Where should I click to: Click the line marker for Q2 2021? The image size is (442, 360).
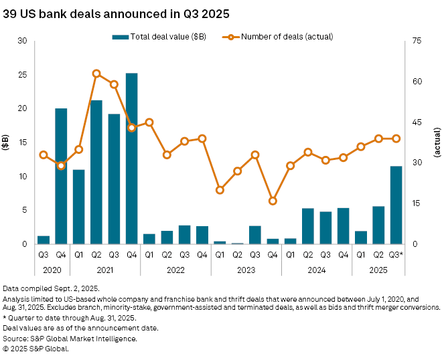tap(96, 74)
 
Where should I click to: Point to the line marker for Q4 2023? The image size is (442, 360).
tap(273, 201)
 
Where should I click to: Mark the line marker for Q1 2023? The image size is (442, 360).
tap(220, 190)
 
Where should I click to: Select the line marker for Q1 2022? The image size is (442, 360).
tap(149, 122)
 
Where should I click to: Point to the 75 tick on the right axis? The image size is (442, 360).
tap(417, 41)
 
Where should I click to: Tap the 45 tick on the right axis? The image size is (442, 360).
tap(417, 122)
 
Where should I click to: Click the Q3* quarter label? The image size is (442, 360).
tap(396, 254)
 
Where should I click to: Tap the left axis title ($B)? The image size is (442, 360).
tap(6, 142)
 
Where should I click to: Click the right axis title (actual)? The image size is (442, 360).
tap(437, 142)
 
